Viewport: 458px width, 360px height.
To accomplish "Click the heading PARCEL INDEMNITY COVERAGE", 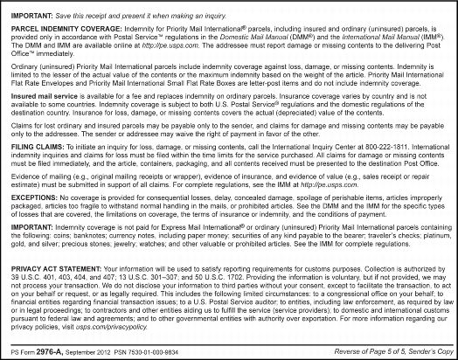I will pyautogui.click(x=64, y=26).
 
